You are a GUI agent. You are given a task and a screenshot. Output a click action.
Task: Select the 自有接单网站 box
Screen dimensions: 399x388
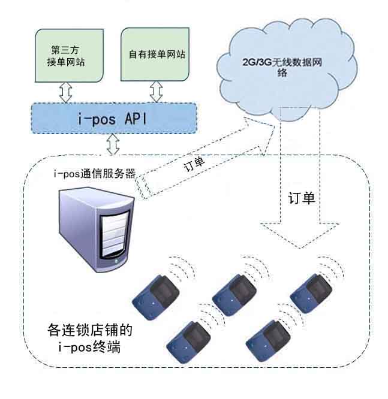click(157, 54)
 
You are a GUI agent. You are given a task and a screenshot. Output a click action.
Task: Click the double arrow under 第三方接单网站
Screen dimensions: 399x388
click(65, 92)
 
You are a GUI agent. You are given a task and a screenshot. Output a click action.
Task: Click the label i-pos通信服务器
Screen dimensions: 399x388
click(95, 174)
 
